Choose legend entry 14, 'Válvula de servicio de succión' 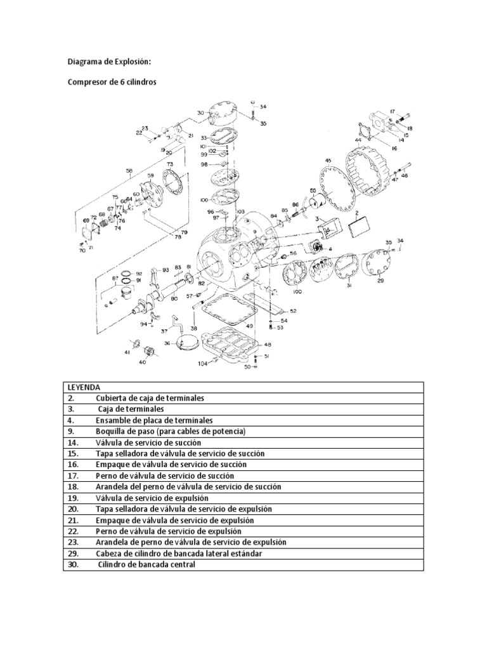[148, 442]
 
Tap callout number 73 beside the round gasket [170, 164]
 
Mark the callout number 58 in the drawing [129, 170]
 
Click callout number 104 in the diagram [203, 364]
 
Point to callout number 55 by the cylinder [313, 190]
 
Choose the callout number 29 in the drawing [380, 280]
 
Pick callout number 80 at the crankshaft [174, 298]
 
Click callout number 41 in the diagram [127, 351]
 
